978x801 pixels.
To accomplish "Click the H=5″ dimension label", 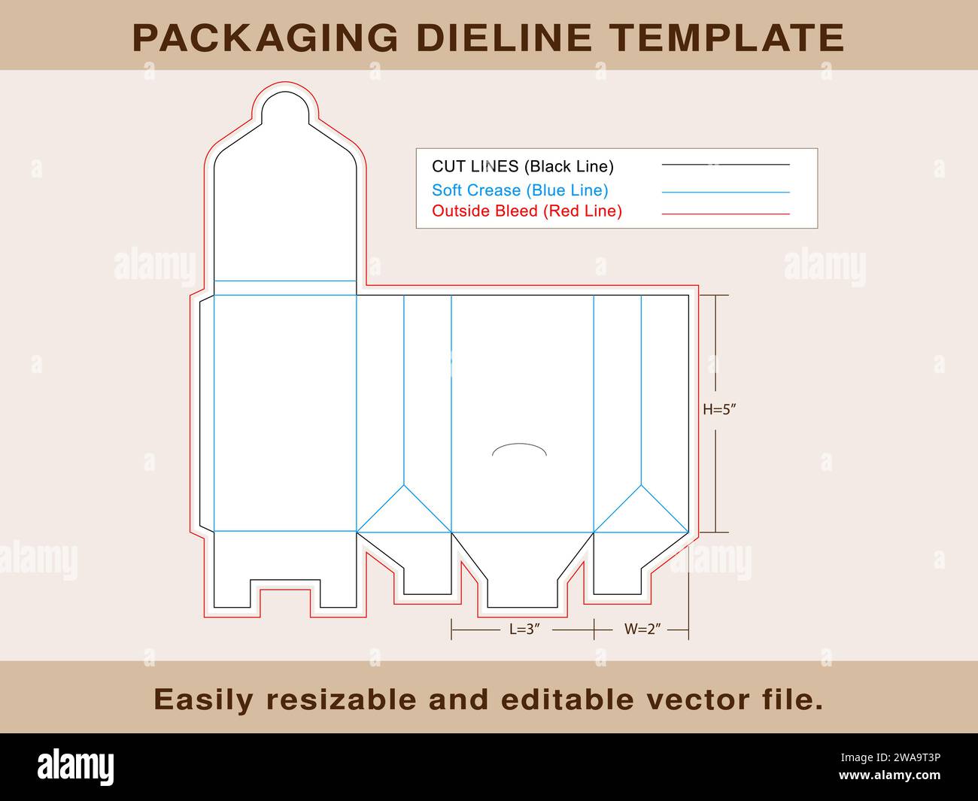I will pyautogui.click(x=718, y=410).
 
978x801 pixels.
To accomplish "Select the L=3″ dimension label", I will pyautogui.click(x=525, y=630).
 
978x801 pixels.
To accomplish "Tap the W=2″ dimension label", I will pyautogui.click(x=642, y=630).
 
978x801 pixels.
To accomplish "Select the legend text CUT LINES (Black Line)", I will pyautogui.click(x=522, y=166).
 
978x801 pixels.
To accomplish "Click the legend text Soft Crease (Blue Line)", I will pyautogui.click(x=520, y=190).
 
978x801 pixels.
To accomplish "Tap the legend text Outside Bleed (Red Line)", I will pyautogui.click(x=527, y=211).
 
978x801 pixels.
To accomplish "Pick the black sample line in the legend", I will pyautogui.click(x=725, y=165).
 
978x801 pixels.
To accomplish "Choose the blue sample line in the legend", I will pyautogui.click(x=725, y=193).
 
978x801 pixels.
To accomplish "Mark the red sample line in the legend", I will pyautogui.click(x=725, y=214).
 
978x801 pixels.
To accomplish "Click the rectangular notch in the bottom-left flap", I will pyautogui.click(x=285, y=594).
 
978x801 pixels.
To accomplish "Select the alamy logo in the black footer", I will pyautogui.click(x=75, y=767).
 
